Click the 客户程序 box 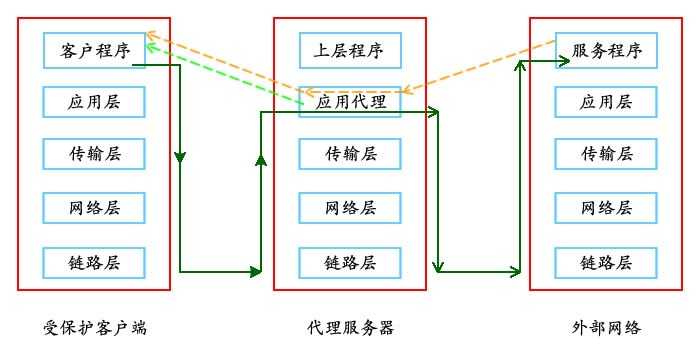pyautogui.click(x=94, y=49)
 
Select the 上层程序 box pyautogui.click(x=350, y=49)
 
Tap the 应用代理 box pyautogui.click(x=350, y=102)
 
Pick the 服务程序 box pyautogui.click(x=607, y=49)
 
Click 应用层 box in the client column pyautogui.click(x=94, y=102)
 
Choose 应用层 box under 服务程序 pyautogui.click(x=607, y=102)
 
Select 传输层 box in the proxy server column pyautogui.click(x=350, y=154)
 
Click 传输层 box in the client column pyautogui.click(x=94, y=154)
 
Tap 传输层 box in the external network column pyautogui.click(x=607, y=154)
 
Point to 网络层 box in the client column pyautogui.click(x=94, y=208)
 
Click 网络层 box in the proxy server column pyautogui.click(x=350, y=208)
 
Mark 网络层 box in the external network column pyautogui.click(x=607, y=208)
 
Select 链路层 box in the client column pyautogui.click(x=94, y=262)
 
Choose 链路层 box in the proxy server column pyautogui.click(x=350, y=262)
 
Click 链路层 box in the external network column pyautogui.click(x=607, y=262)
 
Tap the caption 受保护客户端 pyautogui.click(x=95, y=327)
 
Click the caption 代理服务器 pyautogui.click(x=350, y=327)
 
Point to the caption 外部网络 pyautogui.click(x=606, y=327)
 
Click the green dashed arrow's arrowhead pyautogui.click(x=150, y=46)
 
